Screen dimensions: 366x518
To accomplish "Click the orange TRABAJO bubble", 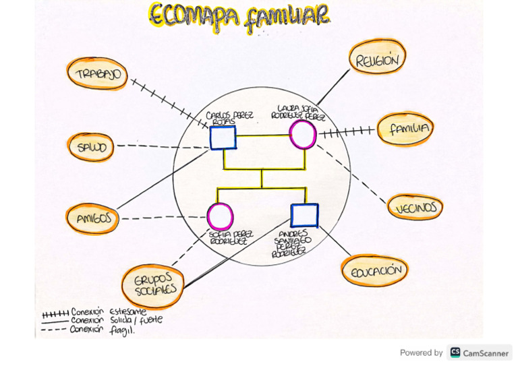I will click(x=98, y=74).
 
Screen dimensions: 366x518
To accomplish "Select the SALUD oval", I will click(x=92, y=148).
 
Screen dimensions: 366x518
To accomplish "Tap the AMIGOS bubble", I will click(x=92, y=218).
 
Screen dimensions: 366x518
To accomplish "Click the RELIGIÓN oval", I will click(x=377, y=60).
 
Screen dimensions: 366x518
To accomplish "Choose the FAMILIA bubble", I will click(x=404, y=129).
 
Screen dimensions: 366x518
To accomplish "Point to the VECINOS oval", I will click(x=416, y=208).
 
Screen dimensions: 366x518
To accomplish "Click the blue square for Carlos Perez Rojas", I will click(x=223, y=138).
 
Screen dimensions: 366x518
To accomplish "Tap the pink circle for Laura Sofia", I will click(x=302, y=134).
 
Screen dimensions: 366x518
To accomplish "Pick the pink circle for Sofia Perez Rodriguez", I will click(x=220, y=216).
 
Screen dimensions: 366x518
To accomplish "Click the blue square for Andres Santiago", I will click(x=304, y=215).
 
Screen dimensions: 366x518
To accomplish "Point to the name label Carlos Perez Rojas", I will click(x=229, y=117).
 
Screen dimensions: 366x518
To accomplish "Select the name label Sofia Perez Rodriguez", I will click(x=228, y=237).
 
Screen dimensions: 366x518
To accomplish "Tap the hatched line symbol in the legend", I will click(x=55, y=313).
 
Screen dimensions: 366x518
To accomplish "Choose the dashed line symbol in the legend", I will click(x=55, y=330).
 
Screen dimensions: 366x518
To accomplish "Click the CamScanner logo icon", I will click(x=455, y=353).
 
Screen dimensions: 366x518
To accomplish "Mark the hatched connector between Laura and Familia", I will click(x=345, y=131).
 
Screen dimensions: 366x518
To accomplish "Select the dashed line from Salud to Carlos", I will click(x=162, y=146).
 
